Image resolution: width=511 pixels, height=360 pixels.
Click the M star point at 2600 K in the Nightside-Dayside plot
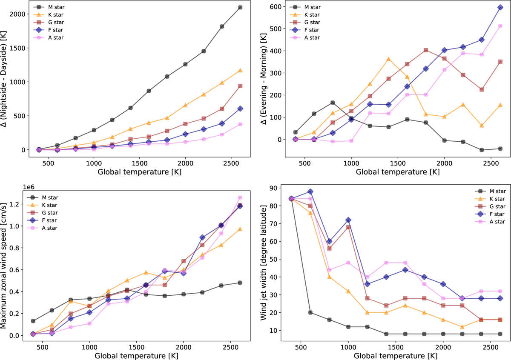(x=240, y=7)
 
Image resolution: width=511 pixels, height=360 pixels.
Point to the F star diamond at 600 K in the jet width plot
(x=310, y=191)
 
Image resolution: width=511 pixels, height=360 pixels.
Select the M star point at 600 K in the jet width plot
(x=310, y=312)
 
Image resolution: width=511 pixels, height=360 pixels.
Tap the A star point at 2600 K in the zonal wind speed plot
(x=240, y=197)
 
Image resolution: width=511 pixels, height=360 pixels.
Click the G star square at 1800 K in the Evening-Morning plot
(x=426, y=50)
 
